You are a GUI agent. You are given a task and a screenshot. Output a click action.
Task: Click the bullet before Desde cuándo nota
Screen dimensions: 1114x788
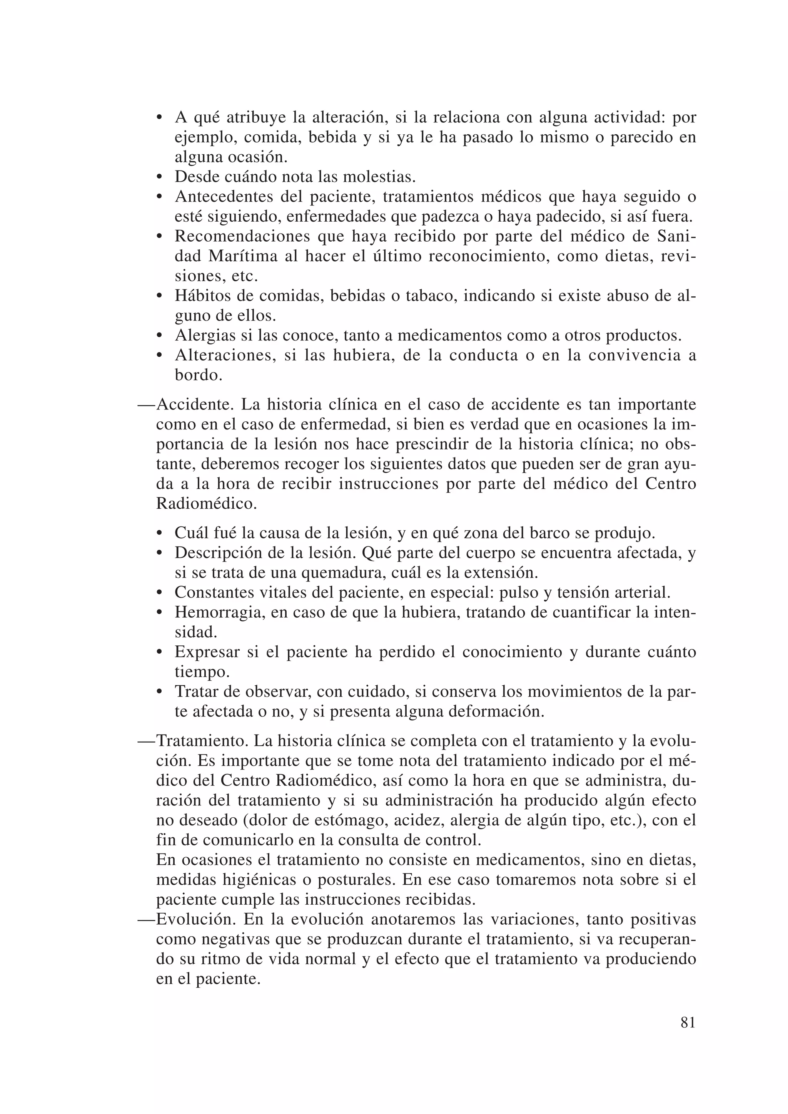click(x=159, y=177)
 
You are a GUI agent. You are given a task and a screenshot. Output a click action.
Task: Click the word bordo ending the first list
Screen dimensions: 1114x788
click(x=198, y=375)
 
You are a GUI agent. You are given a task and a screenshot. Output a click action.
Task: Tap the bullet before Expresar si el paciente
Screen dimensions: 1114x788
click(x=159, y=653)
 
